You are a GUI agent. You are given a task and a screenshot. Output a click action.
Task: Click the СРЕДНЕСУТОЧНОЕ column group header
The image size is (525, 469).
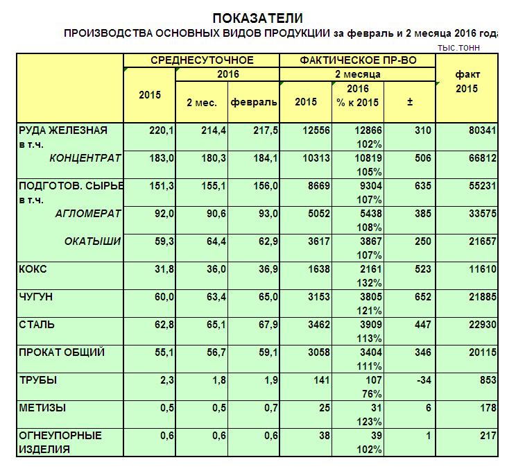202,60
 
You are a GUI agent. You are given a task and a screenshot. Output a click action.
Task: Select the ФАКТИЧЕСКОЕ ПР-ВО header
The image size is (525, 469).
358,60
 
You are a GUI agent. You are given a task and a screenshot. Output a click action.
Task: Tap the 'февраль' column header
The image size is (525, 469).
254,102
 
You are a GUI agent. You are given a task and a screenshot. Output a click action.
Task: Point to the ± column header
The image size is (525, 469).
409,102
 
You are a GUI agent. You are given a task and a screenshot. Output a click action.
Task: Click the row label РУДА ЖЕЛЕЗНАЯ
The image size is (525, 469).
62,130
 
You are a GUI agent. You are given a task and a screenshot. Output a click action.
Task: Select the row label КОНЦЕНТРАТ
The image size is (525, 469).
85,158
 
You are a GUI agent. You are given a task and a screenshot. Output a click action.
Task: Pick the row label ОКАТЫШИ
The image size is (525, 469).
93,241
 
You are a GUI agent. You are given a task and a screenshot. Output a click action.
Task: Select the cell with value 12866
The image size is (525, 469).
367,130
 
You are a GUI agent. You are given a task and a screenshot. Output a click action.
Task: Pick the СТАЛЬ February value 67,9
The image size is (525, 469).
266,325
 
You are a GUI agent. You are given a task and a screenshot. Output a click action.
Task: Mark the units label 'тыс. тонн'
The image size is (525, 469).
458,48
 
